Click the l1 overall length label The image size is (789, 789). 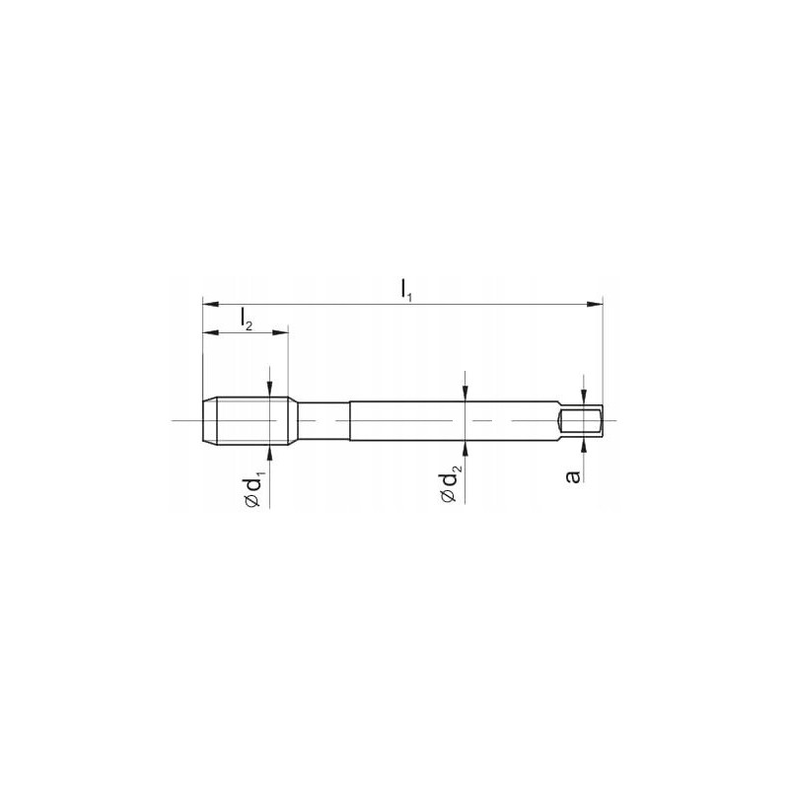tap(406, 290)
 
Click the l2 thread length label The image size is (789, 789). tap(246, 319)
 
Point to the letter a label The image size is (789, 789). tap(573, 476)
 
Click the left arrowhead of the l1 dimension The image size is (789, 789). tap(210, 304)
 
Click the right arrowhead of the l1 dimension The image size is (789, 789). tap(595, 304)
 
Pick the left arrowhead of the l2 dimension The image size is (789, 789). tap(210, 332)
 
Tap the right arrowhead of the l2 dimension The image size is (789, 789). tap(280, 332)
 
